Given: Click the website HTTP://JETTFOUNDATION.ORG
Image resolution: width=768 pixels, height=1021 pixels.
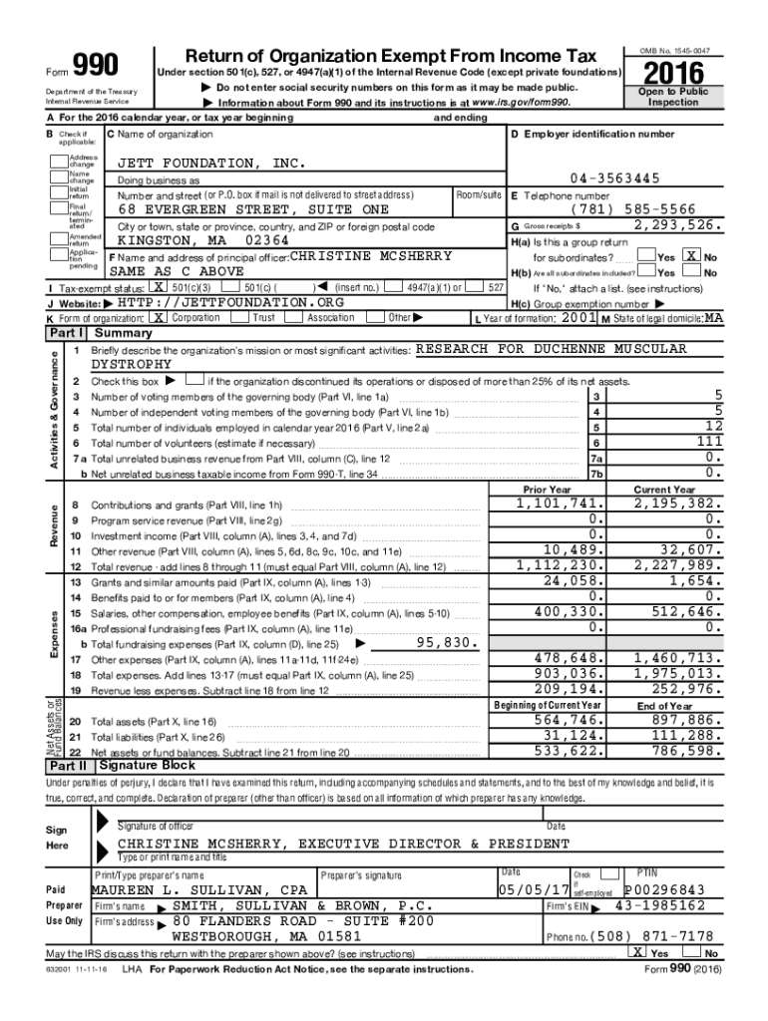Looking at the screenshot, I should (230, 302).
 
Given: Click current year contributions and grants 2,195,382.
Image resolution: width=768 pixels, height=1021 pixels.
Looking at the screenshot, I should (670, 504).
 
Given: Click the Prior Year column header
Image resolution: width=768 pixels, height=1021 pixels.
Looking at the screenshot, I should (547, 490).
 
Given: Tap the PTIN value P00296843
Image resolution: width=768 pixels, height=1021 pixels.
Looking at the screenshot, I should (664, 889).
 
